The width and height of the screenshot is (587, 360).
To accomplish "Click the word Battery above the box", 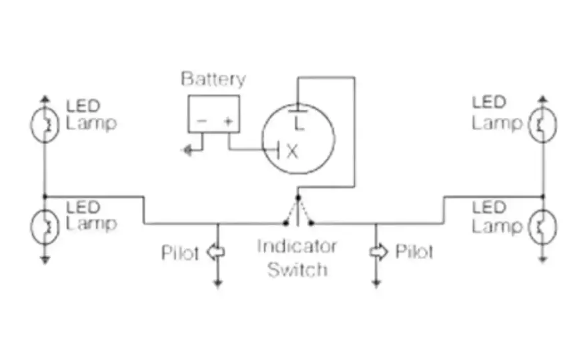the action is pos(213,79).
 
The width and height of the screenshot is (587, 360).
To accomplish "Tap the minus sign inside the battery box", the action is pos(201,121).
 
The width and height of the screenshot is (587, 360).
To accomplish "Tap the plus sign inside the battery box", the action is pos(228,121).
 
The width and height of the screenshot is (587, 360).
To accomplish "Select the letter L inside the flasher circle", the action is pos(298,123).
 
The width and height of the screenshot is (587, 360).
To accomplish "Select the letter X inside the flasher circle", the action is pos(292,152).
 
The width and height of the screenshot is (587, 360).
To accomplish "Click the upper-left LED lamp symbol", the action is pos(45,125).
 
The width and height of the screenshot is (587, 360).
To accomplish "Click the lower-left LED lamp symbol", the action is pos(45,227).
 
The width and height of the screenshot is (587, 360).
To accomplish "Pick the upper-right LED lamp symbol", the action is pos(543,125).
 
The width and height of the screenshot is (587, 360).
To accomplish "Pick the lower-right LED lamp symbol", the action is pos(543,227).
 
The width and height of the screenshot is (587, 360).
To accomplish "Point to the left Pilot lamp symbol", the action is pos(216,252).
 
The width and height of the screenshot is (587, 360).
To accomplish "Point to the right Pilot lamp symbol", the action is pos(378,252).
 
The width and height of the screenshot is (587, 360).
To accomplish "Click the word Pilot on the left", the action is pos(179,253).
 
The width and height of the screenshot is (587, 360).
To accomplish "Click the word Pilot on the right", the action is pos(414,252).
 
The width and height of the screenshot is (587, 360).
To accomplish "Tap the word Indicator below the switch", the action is pos(297,246).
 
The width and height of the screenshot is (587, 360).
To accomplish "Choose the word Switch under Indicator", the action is pos(298,269).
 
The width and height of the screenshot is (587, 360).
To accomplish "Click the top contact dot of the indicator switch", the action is pos(298,197).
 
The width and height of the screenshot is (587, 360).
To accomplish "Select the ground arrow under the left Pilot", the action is pos(217,283).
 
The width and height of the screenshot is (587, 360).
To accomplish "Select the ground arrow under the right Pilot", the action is pos(376,283).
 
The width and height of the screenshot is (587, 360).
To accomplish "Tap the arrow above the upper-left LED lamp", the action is pos(45,99).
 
